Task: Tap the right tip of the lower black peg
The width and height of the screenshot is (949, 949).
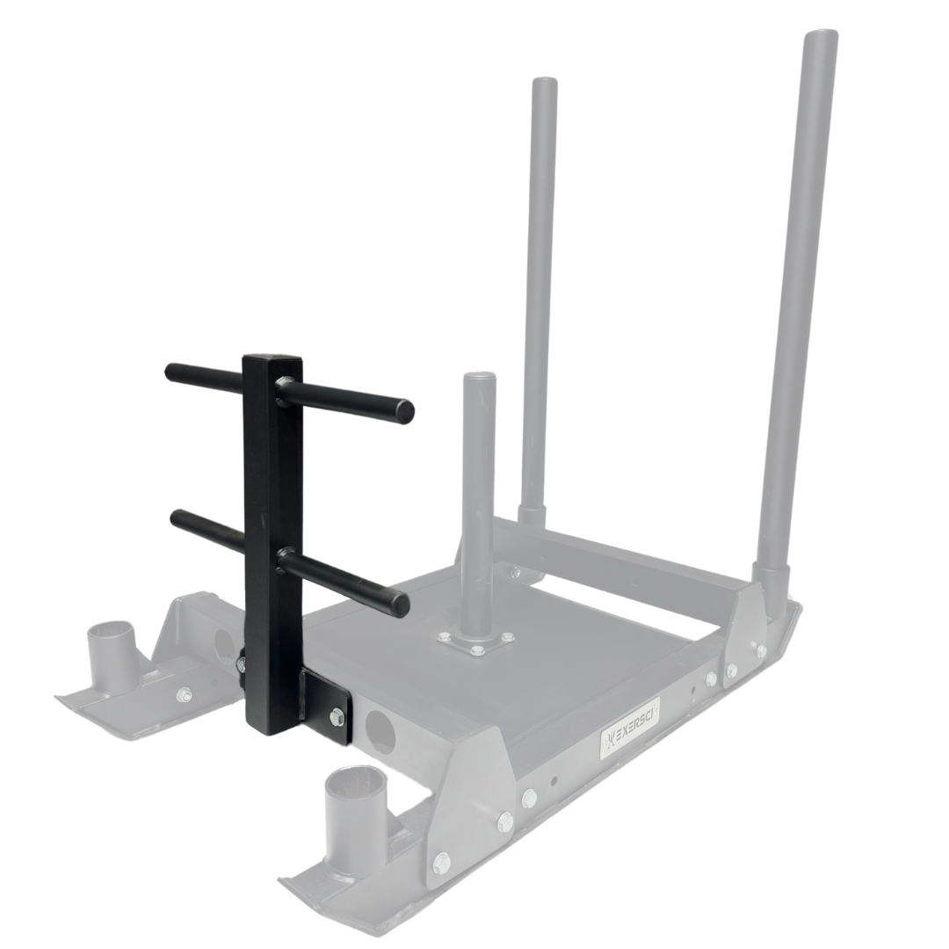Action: [400, 604]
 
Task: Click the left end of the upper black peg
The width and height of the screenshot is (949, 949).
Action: [170, 372]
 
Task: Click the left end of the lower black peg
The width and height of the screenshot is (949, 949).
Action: [177, 518]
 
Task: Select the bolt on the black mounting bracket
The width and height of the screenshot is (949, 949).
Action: [337, 717]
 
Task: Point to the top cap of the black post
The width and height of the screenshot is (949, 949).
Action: [272, 359]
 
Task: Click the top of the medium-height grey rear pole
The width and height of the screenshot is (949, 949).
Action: [544, 83]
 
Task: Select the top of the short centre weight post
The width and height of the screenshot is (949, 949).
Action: [480, 378]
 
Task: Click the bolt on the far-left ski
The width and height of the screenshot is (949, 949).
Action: [184, 694]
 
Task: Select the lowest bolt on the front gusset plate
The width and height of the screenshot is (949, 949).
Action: [442, 862]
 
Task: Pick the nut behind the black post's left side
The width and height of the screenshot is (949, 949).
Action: [241, 664]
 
